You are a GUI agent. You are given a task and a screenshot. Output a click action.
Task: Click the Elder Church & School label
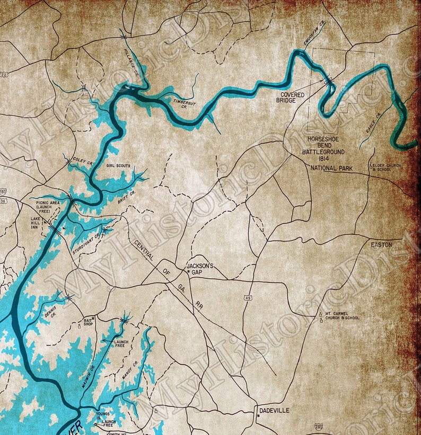(x=388, y=167)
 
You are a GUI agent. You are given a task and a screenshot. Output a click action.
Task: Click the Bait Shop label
(x=88, y=323)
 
